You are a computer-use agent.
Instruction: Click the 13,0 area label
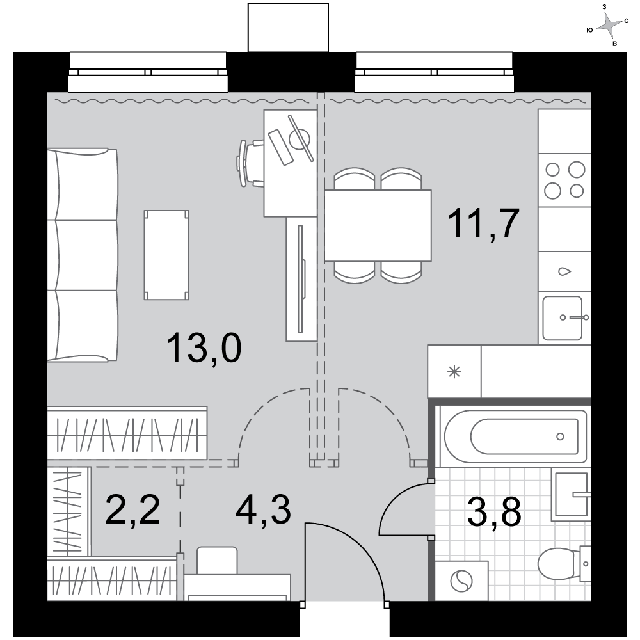204,348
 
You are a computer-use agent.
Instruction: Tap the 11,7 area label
483,223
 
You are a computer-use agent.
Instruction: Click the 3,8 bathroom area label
494,512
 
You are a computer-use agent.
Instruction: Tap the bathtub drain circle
560,436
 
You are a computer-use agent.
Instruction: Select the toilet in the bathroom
564,564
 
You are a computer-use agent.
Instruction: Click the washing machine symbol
461,581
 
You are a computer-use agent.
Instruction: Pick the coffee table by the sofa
166,255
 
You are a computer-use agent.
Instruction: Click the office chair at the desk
250,163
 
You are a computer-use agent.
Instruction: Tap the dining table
378,225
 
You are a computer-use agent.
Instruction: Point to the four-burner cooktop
564,180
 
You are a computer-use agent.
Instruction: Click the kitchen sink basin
562,318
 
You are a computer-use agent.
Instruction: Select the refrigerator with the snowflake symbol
454,371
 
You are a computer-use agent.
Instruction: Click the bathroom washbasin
571,495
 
